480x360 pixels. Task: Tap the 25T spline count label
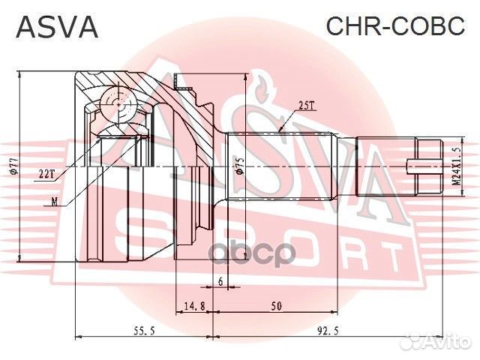click(305, 106)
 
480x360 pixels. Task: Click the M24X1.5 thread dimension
click(455, 166)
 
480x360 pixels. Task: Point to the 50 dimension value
click(277, 306)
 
